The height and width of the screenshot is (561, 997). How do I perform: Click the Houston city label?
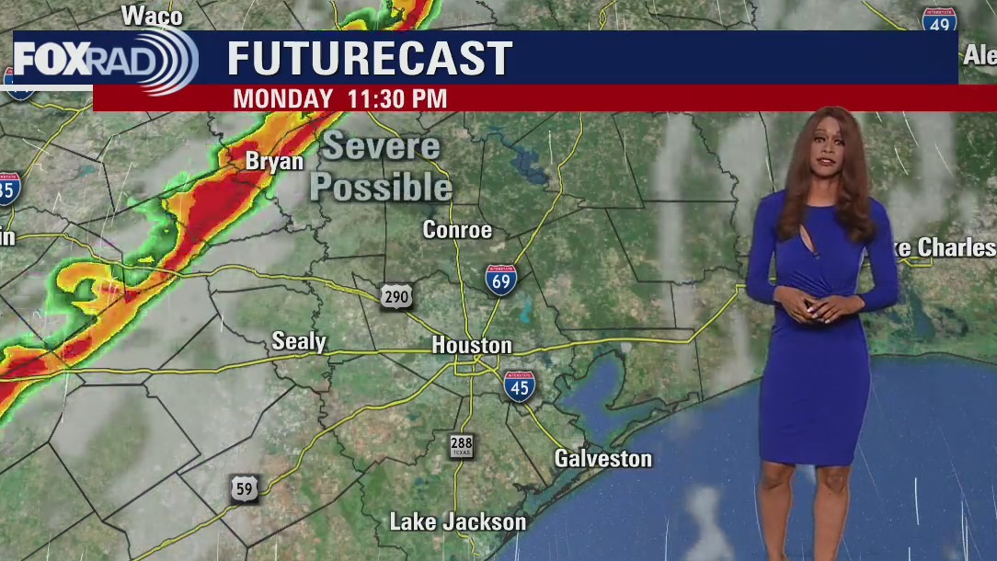[472, 346]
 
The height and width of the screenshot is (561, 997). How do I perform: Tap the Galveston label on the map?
[602, 458]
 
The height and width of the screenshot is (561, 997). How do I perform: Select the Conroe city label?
[457, 230]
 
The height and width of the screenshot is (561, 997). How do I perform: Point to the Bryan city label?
[274, 162]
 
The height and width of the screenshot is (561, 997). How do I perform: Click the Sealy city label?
[299, 342]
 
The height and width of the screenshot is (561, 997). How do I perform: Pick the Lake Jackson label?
[458, 522]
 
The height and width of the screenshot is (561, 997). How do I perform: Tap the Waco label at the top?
[152, 16]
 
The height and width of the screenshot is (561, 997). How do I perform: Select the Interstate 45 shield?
[519, 386]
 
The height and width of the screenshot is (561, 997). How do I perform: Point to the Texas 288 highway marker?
[462, 446]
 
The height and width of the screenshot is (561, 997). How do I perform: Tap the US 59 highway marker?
[245, 489]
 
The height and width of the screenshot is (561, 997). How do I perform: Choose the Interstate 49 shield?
[939, 19]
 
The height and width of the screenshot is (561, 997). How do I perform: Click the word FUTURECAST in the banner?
[369, 59]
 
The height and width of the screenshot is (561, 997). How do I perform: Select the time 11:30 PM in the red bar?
[397, 98]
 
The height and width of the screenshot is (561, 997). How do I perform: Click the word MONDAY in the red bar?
[283, 98]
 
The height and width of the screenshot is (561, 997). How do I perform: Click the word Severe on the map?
[381, 146]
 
